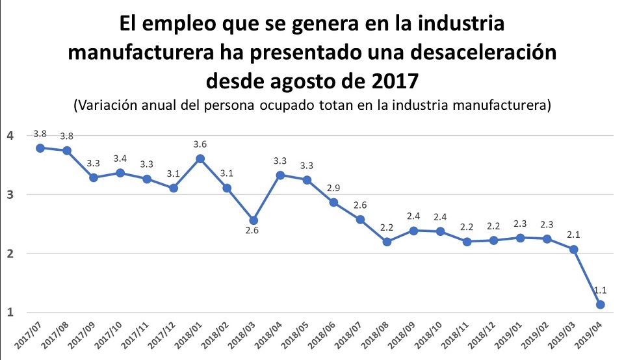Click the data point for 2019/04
[x=601, y=304]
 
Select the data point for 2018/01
[x=200, y=159]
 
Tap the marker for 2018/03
[x=253, y=220]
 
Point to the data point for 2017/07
[x=40, y=148]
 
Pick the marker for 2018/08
[x=387, y=242]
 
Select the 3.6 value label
[x=200, y=144]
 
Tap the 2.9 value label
[x=333, y=187]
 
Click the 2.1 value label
[x=574, y=235]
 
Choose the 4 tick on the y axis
[x=10, y=136]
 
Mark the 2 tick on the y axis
[x=10, y=253]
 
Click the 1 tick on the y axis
[x=10, y=313]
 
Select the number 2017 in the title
[x=394, y=81]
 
